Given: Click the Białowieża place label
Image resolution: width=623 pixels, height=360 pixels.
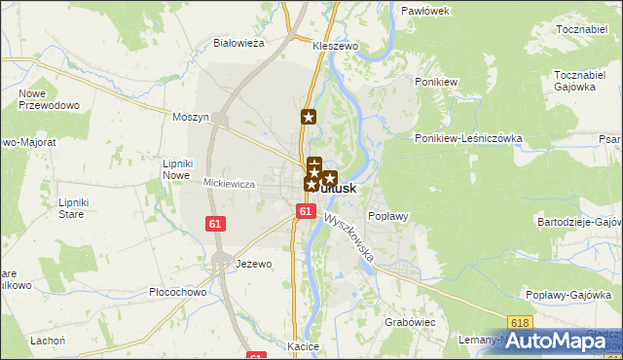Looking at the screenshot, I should point(239,43).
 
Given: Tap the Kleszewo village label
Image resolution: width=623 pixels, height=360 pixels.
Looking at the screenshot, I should point(336,46).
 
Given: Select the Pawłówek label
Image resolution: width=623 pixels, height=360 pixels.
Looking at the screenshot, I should point(424,11).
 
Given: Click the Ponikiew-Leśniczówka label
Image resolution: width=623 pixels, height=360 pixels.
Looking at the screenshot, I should point(468,138).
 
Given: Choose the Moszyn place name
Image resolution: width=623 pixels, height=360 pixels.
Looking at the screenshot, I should point(191,117).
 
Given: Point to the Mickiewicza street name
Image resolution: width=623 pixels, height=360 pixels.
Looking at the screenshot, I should point(229,183).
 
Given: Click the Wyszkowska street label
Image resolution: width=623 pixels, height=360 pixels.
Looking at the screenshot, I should point(349,238).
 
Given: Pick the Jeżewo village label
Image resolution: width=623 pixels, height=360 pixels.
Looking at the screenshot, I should point(253,264).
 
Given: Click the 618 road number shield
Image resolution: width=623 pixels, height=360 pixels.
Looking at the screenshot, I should point(521,322).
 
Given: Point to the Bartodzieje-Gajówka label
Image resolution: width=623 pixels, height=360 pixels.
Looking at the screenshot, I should point(579,222).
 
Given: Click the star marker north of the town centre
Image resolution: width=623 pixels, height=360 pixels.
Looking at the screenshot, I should point(309,118).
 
